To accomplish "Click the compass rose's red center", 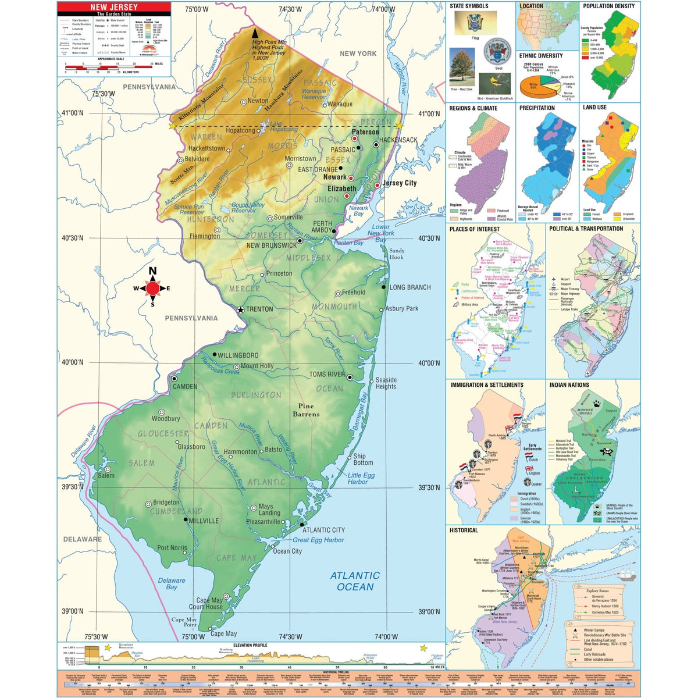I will (x=153, y=288).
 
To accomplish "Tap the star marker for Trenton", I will (x=240, y=309).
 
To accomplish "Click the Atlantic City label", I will (x=323, y=530).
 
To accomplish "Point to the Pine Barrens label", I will (x=306, y=410).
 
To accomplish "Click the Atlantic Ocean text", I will (x=355, y=581).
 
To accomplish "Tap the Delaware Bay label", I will (x=172, y=583).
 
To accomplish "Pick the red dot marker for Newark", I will (x=351, y=178).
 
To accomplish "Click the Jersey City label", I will (x=400, y=183).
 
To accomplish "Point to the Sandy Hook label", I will (x=396, y=254).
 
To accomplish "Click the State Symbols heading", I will (x=469, y=6).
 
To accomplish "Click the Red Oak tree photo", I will (x=462, y=66).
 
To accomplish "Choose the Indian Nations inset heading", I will (x=569, y=385).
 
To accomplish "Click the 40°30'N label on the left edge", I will (x=73, y=238).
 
